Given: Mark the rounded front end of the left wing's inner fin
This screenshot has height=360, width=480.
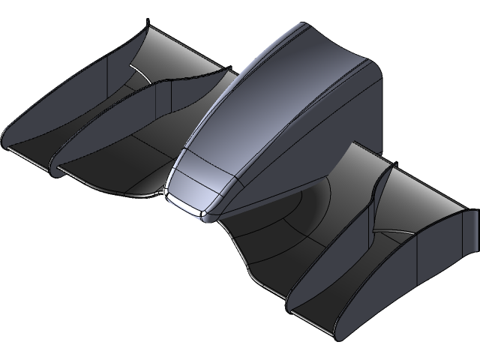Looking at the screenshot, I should [x=54, y=169].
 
